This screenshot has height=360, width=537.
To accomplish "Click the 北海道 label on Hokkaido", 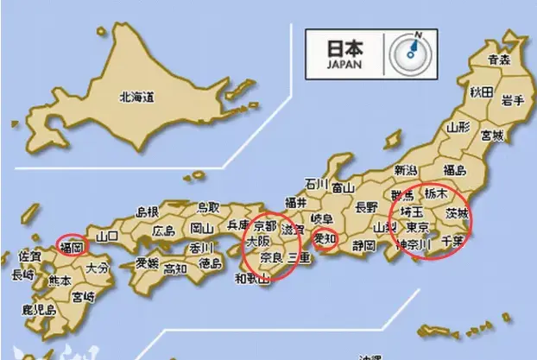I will [x=136, y=99].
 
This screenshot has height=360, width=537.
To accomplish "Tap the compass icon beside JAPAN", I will [x=409, y=52].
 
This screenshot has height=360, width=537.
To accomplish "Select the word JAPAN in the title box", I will [x=344, y=63].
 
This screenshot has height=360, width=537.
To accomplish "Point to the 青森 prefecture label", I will [x=499, y=60].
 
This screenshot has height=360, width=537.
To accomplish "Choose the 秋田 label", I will [x=481, y=92].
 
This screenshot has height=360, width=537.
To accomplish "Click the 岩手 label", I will [x=513, y=100].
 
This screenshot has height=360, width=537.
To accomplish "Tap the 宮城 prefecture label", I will [x=492, y=136].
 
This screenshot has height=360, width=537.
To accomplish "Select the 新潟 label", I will [x=405, y=169].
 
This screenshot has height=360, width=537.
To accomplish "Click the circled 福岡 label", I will [x=71, y=247].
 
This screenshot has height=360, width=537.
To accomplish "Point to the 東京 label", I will [x=418, y=227].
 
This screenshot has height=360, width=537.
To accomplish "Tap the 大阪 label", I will [x=258, y=243].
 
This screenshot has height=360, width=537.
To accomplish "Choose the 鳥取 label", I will [x=207, y=207].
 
